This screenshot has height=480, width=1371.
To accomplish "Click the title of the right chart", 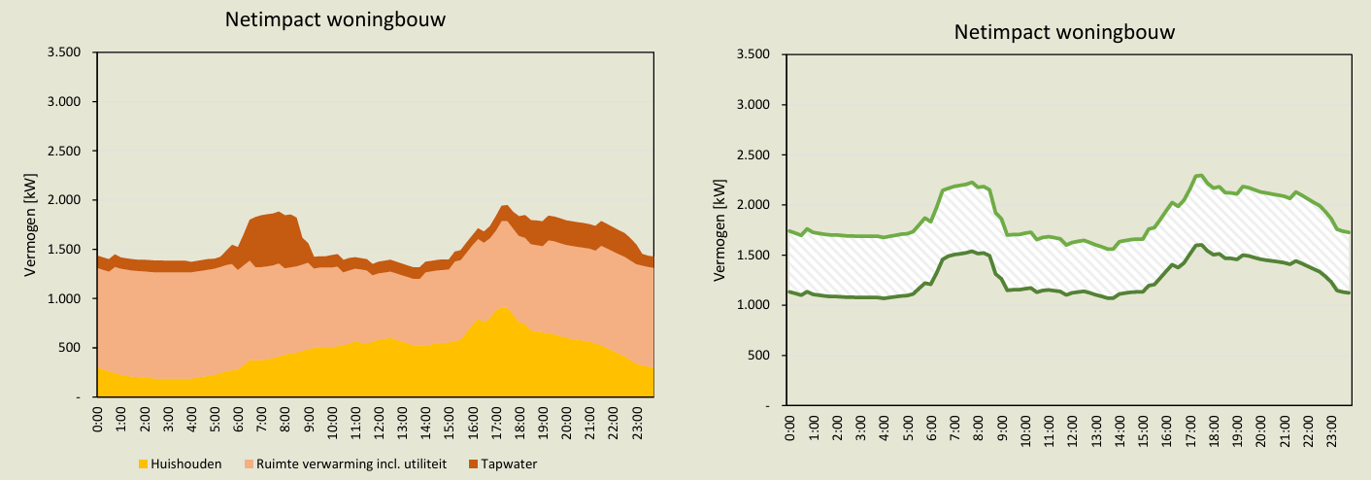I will point(1064,32).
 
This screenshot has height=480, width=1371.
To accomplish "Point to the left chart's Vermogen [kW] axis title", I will point(31,225).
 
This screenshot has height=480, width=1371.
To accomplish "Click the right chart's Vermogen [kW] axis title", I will point(719,230).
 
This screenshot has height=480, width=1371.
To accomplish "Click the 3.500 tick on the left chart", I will point(65,52).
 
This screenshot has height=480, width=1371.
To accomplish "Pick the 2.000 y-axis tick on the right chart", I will point(754,205).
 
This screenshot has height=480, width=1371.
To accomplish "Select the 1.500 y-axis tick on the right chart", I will point(754,256).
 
